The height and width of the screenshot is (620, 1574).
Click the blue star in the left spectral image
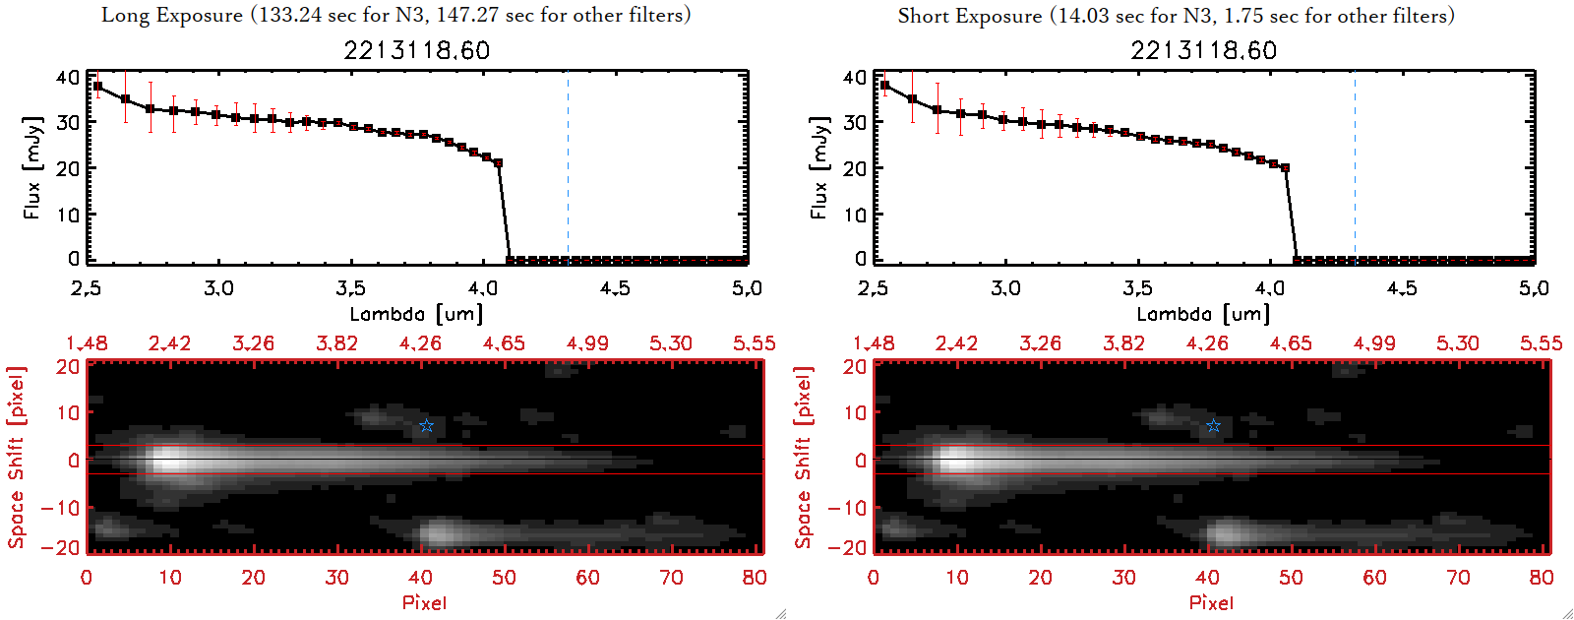(426, 426)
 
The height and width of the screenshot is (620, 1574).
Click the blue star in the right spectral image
(1213, 426)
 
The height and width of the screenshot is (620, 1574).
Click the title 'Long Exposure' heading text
(172, 15)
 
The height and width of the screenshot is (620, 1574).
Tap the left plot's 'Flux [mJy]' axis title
(32, 167)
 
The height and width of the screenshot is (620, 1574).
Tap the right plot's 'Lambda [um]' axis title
(1203, 314)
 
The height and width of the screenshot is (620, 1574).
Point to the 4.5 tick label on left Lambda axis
(615, 288)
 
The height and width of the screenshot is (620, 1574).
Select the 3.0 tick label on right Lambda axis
(1005, 288)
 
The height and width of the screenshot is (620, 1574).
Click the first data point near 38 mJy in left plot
(97, 87)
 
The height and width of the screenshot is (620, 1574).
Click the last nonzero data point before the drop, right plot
(1285, 168)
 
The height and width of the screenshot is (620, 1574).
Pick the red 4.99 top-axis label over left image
(587, 343)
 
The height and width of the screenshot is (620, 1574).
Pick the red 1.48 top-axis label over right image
(874, 343)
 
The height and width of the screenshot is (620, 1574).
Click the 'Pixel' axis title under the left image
(424, 602)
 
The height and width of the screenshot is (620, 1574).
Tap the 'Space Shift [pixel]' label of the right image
(804, 458)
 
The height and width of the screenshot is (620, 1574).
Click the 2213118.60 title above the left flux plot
(416, 50)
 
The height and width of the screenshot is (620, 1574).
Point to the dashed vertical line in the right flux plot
(1355, 167)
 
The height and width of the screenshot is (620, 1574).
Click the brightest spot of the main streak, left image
(169, 461)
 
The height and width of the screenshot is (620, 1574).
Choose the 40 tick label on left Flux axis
(68, 77)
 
